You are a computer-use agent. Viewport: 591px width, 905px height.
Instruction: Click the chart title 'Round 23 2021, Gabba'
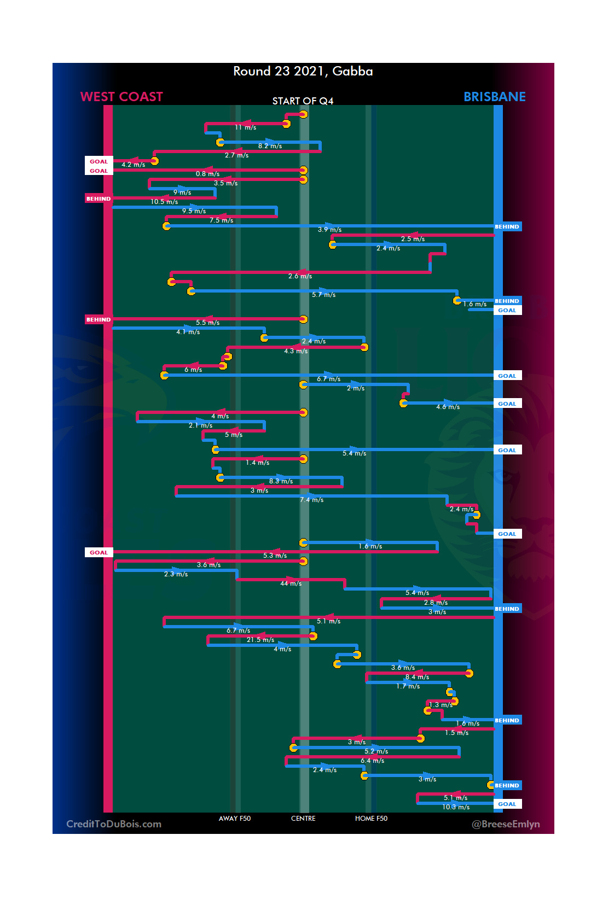tap(303, 71)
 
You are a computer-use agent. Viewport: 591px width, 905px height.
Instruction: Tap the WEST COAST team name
tap(121, 97)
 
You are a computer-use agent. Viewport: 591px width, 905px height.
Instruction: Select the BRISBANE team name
tap(494, 97)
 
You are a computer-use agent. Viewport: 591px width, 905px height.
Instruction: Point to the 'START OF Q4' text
tap(303, 101)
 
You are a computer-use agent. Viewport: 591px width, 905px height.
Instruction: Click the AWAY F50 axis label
tap(234, 819)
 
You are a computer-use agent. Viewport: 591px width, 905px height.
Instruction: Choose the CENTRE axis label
tap(303, 819)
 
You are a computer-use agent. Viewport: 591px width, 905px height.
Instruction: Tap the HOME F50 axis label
tap(371, 819)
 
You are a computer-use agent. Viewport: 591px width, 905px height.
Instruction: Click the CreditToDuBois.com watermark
tap(114, 824)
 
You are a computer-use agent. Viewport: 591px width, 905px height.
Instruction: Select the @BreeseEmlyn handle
tap(506, 824)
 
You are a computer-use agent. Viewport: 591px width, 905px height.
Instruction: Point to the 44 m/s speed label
tap(291, 583)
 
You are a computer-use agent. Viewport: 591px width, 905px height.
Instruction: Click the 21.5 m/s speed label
tap(260, 640)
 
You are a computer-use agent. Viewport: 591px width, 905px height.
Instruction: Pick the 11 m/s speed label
tap(245, 127)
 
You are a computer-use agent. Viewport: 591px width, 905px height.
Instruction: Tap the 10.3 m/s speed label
tap(456, 807)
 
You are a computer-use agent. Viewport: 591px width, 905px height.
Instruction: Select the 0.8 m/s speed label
tap(207, 174)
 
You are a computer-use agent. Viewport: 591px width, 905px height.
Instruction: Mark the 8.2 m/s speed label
tap(270, 146)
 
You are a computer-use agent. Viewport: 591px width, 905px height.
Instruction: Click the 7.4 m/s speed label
tap(311, 500)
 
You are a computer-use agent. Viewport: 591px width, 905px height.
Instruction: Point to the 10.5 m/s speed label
tap(164, 202)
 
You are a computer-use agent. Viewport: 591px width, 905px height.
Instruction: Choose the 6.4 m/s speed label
tap(372, 761)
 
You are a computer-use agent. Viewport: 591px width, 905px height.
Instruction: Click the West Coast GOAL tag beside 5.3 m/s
tap(99, 552)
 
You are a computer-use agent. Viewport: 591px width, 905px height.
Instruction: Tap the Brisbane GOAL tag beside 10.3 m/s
tap(507, 804)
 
